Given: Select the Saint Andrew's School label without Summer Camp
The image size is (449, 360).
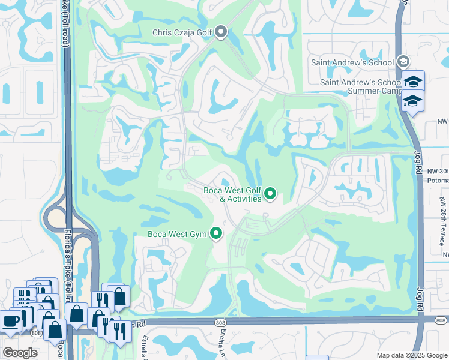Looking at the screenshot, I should [x=352, y=62].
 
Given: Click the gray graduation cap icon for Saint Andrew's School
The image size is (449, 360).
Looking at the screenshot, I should [x=403, y=62].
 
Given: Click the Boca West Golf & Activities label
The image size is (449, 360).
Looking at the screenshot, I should [x=232, y=194].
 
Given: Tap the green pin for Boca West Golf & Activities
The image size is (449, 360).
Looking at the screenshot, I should [x=271, y=193].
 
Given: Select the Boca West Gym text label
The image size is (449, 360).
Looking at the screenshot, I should [x=178, y=234].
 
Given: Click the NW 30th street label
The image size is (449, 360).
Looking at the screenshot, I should [x=437, y=171].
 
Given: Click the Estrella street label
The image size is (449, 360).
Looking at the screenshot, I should [x=145, y=346].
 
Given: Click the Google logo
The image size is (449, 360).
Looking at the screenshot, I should [x=20, y=353].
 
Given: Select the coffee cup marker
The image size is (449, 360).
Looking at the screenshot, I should [x=10, y=321].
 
